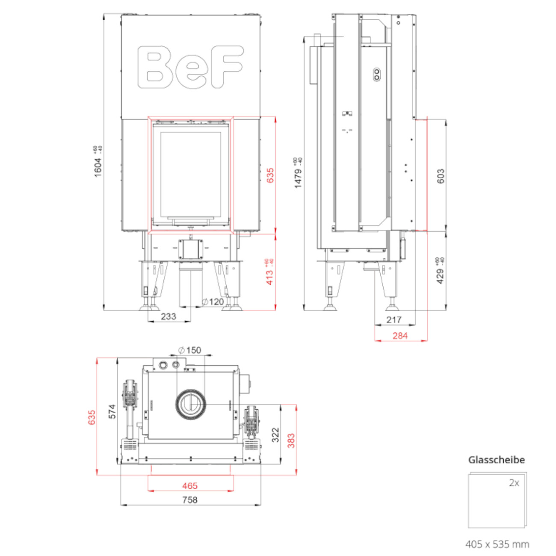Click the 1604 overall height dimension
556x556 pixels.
pos(98,167)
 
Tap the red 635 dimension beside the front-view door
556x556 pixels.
pos(270,175)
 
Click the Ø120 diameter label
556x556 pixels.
pos(213,302)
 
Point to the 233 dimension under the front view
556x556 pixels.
pos(169,316)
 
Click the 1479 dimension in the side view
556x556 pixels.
pos(298,177)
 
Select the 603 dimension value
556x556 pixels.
pos(441,176)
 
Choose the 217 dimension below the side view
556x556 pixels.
pos(394,319)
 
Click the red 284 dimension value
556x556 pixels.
pos(400,336)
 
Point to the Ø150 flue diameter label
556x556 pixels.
pos(189,350)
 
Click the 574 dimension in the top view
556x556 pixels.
pos(112,411)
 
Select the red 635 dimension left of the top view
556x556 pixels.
pos(92,417)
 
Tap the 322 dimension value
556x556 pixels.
pos(275,435)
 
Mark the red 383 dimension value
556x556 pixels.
pos(291,441)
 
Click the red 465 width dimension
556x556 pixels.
pos(190,486)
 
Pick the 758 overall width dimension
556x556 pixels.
pos(190,500)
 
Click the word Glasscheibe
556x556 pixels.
pos(497,460)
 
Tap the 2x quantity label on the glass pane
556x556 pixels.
pos(514,483)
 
